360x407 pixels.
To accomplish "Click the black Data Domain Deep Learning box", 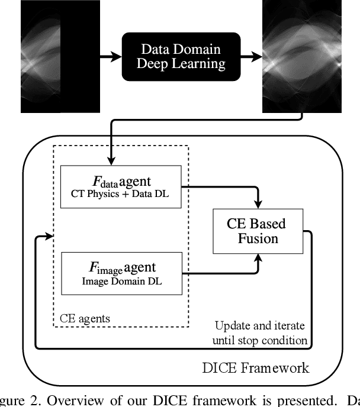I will click(x=170, y=57).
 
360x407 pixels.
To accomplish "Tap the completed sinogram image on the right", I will click(x=302, y=57).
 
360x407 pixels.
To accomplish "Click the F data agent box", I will click(x=120, y=187).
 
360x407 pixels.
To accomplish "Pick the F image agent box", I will click(x=120, y=273).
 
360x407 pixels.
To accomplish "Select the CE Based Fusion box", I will click(x=256, y=231).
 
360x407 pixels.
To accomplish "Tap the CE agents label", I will click(x=85, y=318).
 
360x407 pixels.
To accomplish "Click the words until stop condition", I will click(x=261, y=340).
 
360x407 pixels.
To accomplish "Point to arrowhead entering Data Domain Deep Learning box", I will click(x=116, y=57).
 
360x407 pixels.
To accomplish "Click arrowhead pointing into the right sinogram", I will click(x=258, y=57).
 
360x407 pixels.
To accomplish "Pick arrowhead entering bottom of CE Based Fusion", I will click(x=256, y=257).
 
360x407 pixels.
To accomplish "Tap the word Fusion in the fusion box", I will click(x=257, y=238).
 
